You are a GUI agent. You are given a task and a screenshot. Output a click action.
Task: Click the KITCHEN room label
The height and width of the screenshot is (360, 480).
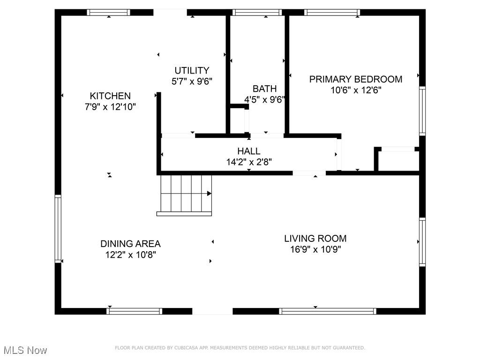coord(111,96)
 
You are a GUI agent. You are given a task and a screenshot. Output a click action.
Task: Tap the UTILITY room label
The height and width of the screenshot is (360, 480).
coord(192,70)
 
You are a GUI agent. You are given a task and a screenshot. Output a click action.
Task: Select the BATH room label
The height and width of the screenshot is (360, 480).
coord(264,89)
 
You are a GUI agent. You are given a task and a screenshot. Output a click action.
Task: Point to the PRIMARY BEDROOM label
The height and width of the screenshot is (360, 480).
coord(355,79)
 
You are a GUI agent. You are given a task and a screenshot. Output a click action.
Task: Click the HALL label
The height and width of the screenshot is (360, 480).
coord(248,151)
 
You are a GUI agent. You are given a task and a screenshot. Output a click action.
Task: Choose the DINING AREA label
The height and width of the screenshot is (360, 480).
coord(130,244)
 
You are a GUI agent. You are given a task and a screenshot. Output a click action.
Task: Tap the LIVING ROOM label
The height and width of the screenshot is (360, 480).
coord(315,238)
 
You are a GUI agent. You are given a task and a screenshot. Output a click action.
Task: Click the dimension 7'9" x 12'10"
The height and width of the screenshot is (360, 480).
coord(111,107)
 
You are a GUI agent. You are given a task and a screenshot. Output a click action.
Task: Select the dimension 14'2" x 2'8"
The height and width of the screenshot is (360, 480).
coord(248,162)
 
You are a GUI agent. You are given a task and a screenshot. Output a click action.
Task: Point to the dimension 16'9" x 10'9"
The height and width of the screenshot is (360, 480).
coord(315,249)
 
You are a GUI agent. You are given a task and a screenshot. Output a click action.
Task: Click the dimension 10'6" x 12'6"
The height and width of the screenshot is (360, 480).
coord(355,90)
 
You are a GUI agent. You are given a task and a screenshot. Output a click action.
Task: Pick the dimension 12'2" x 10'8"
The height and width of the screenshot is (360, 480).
coord(130,255)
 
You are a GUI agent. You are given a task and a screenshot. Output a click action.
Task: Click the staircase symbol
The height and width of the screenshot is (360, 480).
coord(184,194)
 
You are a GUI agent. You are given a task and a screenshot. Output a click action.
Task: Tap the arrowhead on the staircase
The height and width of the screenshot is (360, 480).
coord(209,193)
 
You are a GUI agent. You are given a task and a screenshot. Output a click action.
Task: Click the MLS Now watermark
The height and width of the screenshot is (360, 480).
coord(25,350)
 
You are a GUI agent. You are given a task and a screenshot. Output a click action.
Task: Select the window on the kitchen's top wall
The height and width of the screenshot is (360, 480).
coord(109,13)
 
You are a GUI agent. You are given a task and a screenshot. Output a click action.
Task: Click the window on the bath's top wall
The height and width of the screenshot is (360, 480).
coord(257,13)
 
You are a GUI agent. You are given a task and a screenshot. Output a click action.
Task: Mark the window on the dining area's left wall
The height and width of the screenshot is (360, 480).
coord(58,228)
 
